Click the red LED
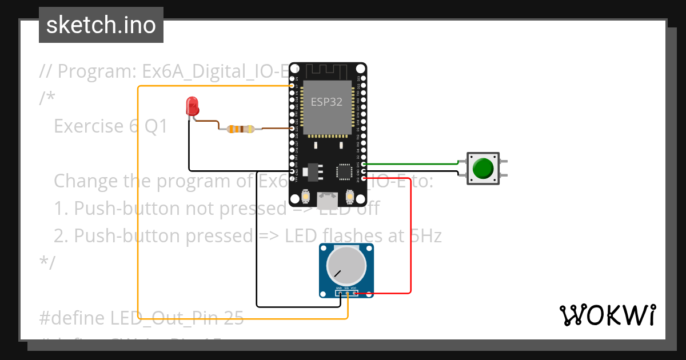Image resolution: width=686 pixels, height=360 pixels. (193, 106)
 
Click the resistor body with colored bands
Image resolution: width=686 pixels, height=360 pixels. (240, 129)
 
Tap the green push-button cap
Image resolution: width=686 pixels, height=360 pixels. (484, 168)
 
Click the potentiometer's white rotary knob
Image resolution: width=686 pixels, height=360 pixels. (346, 266)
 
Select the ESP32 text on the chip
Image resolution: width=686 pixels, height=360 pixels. (326, 102)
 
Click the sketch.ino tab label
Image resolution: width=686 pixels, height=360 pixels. (101, 25)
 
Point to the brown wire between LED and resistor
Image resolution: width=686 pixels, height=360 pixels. (209, 122)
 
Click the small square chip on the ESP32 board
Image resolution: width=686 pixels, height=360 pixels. (344, 172)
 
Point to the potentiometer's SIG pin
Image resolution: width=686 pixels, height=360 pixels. (346, 293)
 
